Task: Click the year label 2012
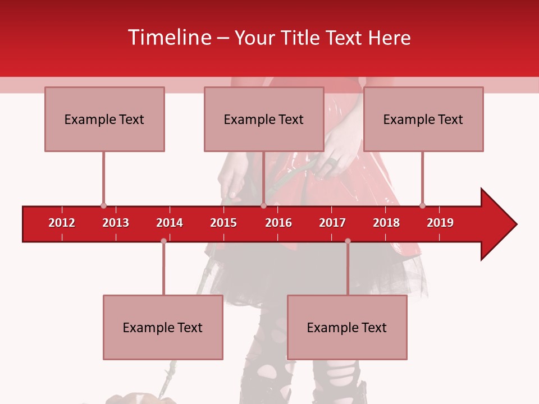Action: (62, 223)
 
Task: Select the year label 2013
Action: (116, 223)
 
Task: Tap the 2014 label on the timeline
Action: (170, 223)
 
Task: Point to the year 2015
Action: (223, 223)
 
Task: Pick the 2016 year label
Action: (278, 223)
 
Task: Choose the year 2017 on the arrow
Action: (332, 223)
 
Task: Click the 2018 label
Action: (386, 223)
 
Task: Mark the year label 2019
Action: (440, 223)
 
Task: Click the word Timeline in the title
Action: (170, 38)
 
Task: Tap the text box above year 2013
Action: (104, 119)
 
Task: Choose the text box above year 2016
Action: (264, 119)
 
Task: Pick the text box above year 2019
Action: (423, 119)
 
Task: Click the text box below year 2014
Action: (163, 327)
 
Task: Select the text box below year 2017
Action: (347, 327)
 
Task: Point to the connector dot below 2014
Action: (163, 241)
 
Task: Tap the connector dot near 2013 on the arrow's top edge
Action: (103, 206)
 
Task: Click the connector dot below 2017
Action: (348, 241)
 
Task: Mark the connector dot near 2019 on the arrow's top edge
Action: (422, 206)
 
